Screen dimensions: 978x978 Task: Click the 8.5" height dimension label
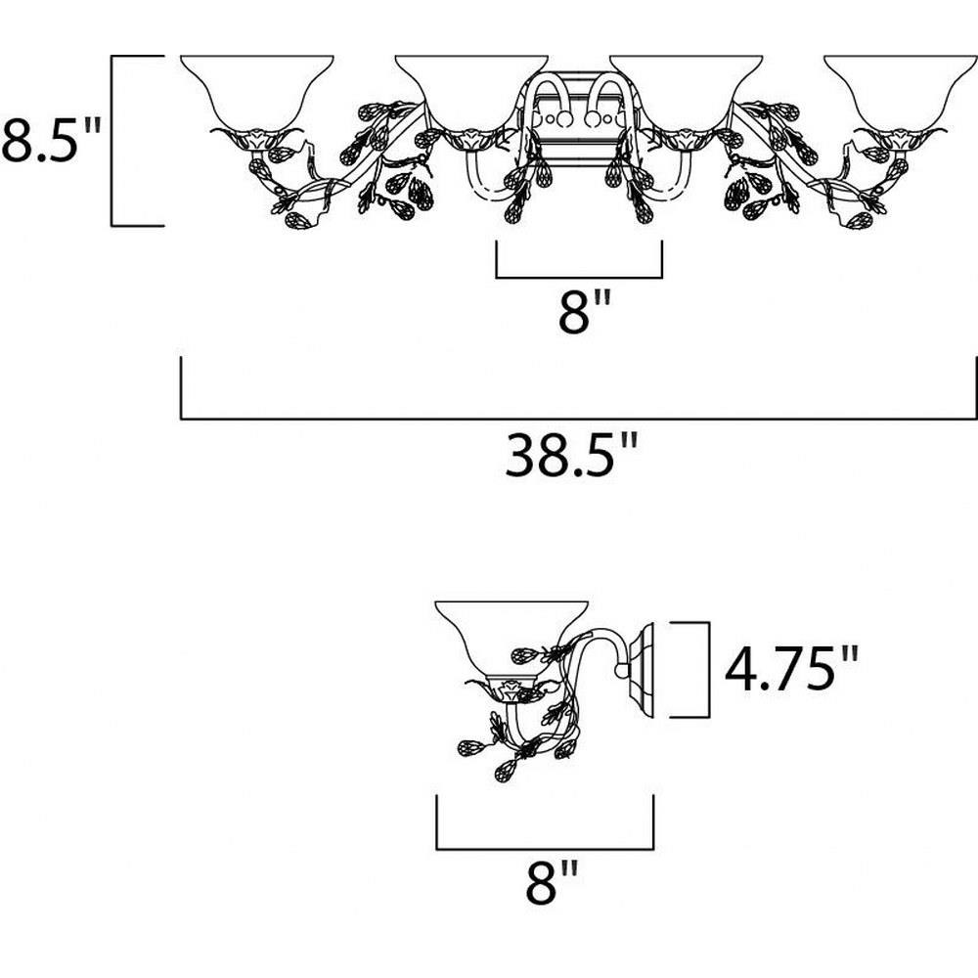51,139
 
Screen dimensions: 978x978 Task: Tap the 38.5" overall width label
572,456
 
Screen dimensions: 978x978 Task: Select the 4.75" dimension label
791,668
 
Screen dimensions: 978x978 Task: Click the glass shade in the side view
511,639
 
